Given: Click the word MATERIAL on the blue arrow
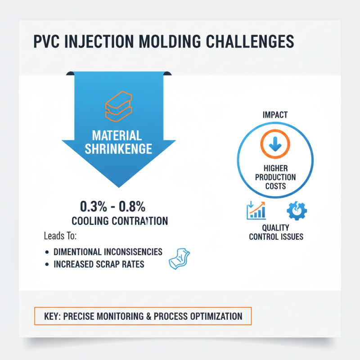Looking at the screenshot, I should [117, 135].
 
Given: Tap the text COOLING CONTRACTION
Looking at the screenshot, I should [120, 221].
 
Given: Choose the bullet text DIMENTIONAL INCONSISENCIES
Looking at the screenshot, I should [108, 252].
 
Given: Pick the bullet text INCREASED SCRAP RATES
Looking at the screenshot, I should [99, 264].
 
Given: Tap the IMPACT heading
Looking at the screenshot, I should [275, 115].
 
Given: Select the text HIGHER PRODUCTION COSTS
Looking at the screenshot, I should [275, 177].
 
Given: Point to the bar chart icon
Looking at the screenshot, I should [256, 210].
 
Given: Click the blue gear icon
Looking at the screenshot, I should [295, 210].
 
